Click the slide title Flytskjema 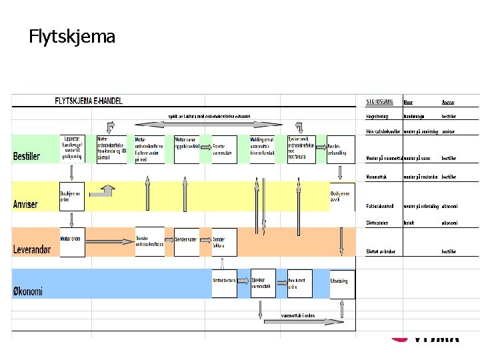pyautogui.click(x=72, y=36)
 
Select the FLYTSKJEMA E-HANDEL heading pyautogui.click(x=89, y=101)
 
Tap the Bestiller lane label pyautogui.click(x=27, y=157)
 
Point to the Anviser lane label pyautogui.click(x=25, y=204)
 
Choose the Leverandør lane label pyautogui.click(x=31, y=249)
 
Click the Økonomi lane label pyautogui.click(x=28, y=291)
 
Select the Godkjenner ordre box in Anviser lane pyautogui.click(x=71, y=196)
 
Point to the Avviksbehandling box pyautogui.click(x=338, y=149)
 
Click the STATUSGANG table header pyautogui.click(x=380, y=102)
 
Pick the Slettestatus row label pyautogui.click(x=378, y=222)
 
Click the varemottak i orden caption pyautogui.click(x=297, y=315)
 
